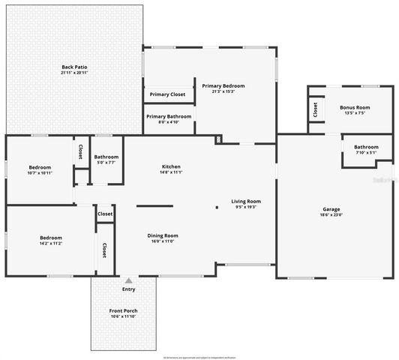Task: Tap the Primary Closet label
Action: pyautogui.click(x=167, y=94)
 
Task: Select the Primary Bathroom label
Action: pyautogui.click(x=169, y=116)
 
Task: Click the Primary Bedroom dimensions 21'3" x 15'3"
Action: pyautogui.click(x=223, y=92)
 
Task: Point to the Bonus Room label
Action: pyautogui.click(x=355, y=107)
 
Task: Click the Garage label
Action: pyautogui.click(x=331, y=209)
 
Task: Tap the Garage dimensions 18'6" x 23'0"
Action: pyautogui.click(x=331, y=215)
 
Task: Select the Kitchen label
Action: pyautogui.click(x=171, y=166)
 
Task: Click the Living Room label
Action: pyautogui.click(x=245, y=201)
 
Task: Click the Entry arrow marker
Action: pyautogui.click(x=128, y=280)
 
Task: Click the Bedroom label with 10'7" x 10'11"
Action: pyautogui.click(x=40, y=167)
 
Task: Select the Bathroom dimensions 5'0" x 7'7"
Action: pyautogui.click(x=106, y=162)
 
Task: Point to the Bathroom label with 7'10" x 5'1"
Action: pyautogui.click(x=366, y=147)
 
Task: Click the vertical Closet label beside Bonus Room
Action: pyautogui.click(x=315, y=109)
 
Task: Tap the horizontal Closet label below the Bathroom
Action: pyautogui.click(x=105, y=214)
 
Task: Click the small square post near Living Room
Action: pyautogui.click(x=217, y=208)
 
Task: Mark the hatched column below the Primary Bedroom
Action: pyautogui.click(x=218, y=139)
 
